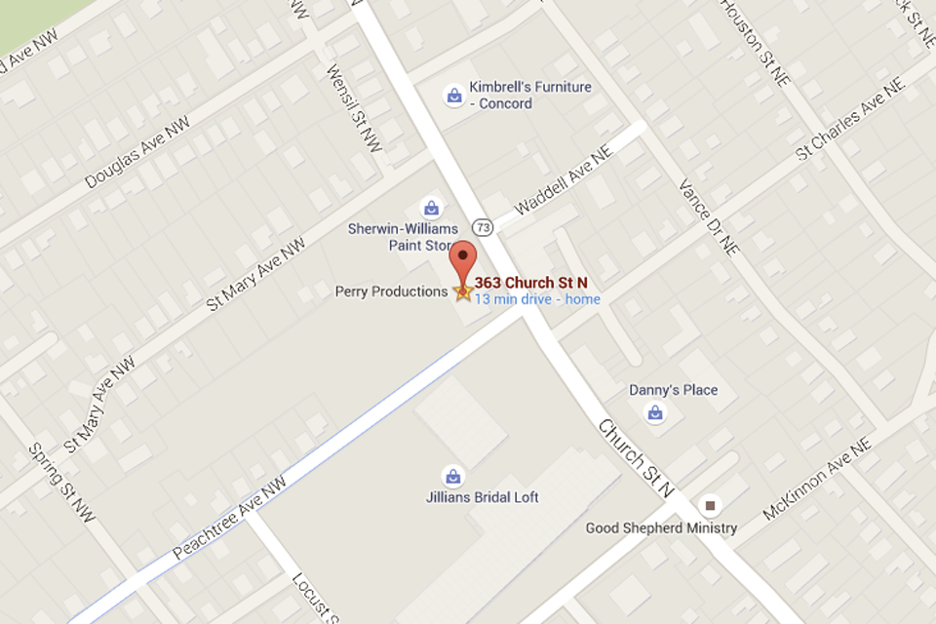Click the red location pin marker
coord(463,258)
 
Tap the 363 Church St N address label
coord(530,283)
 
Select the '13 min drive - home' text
coord(537,299)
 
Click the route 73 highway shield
coord(485,226)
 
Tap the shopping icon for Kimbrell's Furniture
coord(453,96)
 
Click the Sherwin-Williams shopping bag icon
coord(430,208)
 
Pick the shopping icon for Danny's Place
coord(655,412)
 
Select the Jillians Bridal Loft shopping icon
coord(452,477)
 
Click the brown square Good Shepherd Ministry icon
coord(711,505)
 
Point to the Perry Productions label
coord(391,292)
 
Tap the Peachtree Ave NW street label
coord(231,517)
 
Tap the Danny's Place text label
coord(673,390)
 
